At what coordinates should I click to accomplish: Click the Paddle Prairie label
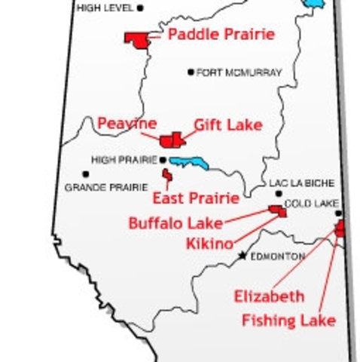click(x=221, y=34)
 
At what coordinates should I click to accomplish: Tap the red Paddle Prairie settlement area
click(x=136, y=39)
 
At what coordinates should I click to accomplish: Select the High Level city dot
click(x=141, y=8)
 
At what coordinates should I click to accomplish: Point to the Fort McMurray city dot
click(x=191, y=72)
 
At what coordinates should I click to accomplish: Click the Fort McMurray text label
click(x=239, y=73)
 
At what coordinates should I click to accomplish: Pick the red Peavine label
click(x=127, y=123)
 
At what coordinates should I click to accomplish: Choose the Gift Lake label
click(x=228, y=125)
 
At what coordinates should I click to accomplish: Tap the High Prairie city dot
click(x=163, y=160)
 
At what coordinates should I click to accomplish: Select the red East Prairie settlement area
click(x=167, y=176)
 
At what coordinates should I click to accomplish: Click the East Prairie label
click(x=195, y=198)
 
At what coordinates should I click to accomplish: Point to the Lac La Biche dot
click(x=279, y=194)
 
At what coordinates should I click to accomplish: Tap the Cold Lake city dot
click(x=338, y=213)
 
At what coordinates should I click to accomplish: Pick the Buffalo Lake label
click(x=175, y=223)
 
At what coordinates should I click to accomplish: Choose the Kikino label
click(x=209, y=244)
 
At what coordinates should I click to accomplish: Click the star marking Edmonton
click(x=242, y=256)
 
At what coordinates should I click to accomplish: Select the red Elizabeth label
click(x=269, y=296)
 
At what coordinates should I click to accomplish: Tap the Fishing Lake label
click(x=288, y=320)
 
